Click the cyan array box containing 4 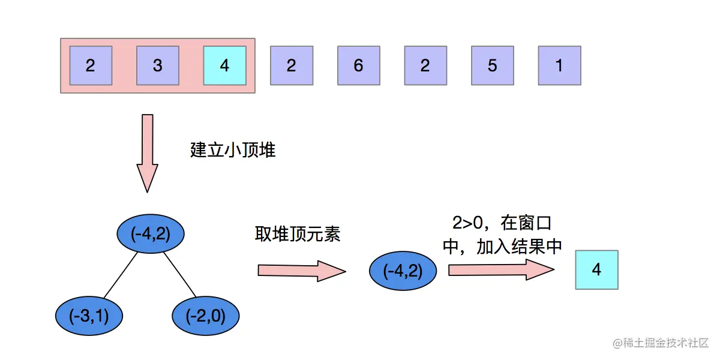(x=224, y=65)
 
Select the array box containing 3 (x=158, y=65)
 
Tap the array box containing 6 (x=358, y=65)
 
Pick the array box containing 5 (x=492, y=65)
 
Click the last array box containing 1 (x=559, y=65)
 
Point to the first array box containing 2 (x=91, y=65)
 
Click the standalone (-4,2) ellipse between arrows (x=403, y=271)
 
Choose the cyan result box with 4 (x=596, y=270)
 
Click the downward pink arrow (x=147, y=153)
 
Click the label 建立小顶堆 (x=233, y=149)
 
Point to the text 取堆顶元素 (x=298, y=234)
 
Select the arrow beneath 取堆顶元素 (x=302, y=271)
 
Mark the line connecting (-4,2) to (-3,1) (x=121, y=274)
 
